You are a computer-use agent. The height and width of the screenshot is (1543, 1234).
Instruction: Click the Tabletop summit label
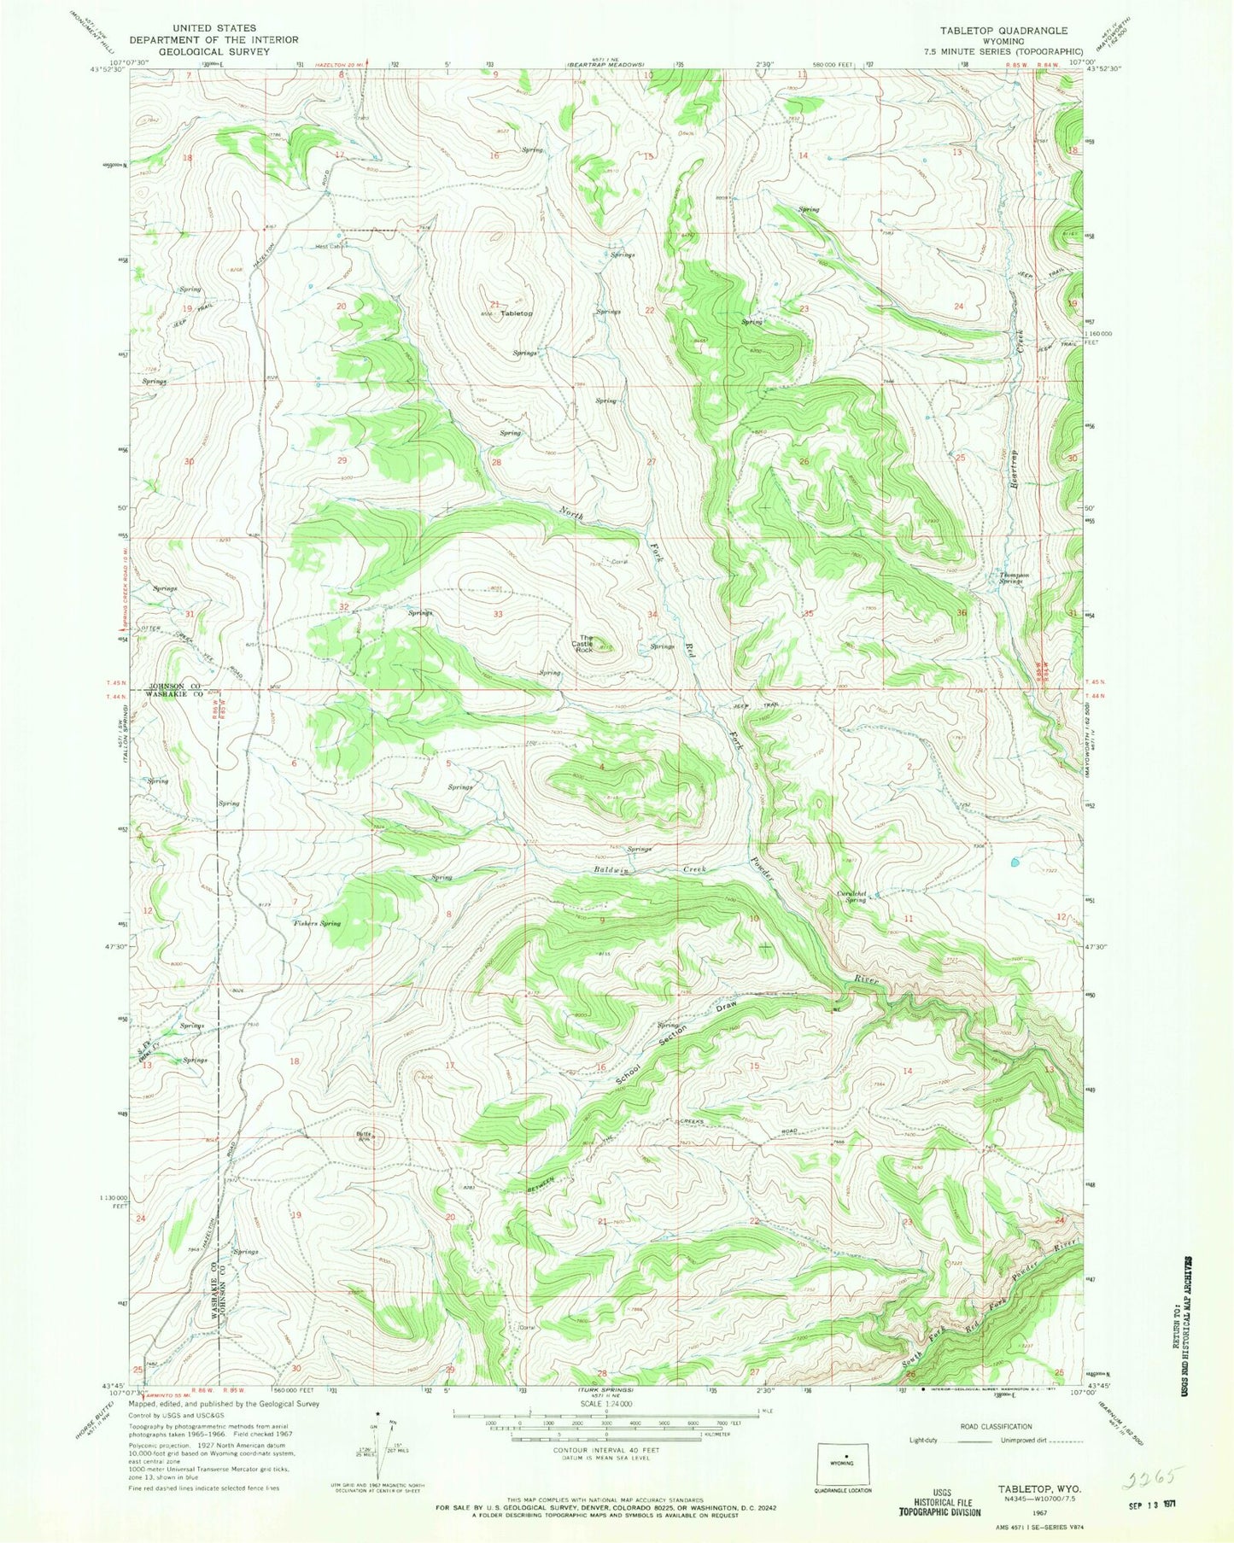click(517, 313)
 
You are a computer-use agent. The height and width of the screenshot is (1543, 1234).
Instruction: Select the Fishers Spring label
click(317, 923)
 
